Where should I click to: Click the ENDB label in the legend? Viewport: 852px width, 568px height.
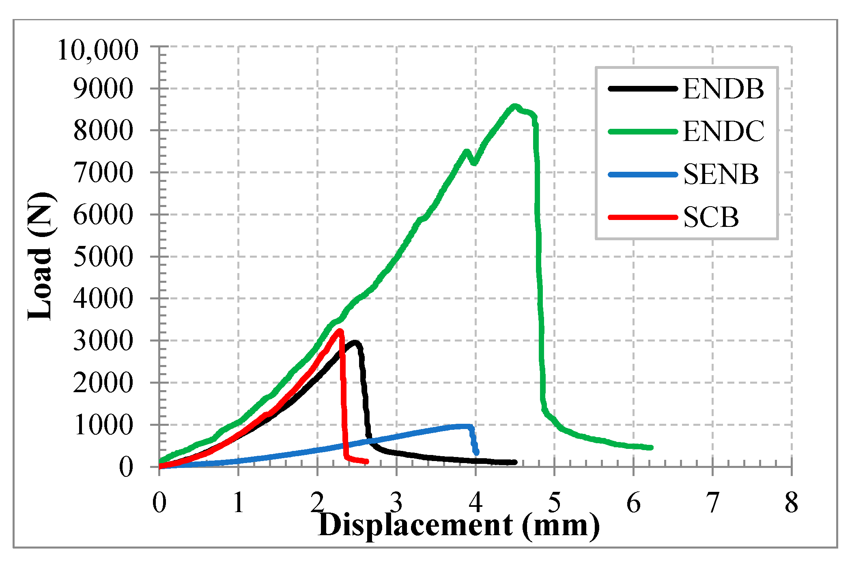pos(723,89)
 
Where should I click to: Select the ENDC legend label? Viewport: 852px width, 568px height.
pos(723,131)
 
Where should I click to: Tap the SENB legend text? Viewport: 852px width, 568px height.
pos(721,175)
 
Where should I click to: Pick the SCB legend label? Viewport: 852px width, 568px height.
pos(711,218)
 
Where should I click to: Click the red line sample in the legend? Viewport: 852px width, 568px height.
pos(643,218)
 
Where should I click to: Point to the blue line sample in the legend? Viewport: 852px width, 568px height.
pos(643,175)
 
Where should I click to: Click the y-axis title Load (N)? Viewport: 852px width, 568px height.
pos(41,256)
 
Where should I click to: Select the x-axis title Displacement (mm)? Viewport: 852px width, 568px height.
pos(458,525)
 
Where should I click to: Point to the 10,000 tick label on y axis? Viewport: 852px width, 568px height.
pos(98,51)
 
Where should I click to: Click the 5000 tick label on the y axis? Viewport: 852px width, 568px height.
pos(103,257)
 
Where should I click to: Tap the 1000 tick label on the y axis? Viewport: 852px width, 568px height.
pos(103,425)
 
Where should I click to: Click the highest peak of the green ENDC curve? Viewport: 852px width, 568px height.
pos(514,107)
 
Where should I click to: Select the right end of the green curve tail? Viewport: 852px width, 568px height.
pos(651,448)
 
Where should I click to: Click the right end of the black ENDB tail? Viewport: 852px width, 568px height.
pos(515,462)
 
